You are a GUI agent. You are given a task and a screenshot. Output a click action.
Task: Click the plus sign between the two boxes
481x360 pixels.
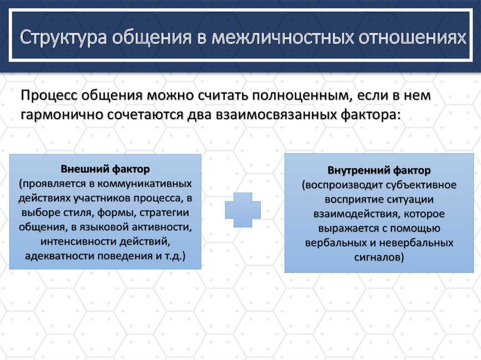243,210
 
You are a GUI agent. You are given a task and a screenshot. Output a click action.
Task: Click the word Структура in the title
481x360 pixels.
63,38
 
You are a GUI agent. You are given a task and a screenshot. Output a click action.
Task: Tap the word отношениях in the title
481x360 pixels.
412,37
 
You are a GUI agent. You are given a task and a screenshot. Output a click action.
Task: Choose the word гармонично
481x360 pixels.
62,115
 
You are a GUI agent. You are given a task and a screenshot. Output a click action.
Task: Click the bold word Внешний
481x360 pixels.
85,169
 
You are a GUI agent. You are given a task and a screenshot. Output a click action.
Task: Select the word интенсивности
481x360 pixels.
78,241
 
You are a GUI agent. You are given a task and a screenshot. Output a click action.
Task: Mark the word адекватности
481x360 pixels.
60,256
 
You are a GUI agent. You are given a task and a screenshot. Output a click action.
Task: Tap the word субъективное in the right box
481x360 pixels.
421,185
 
